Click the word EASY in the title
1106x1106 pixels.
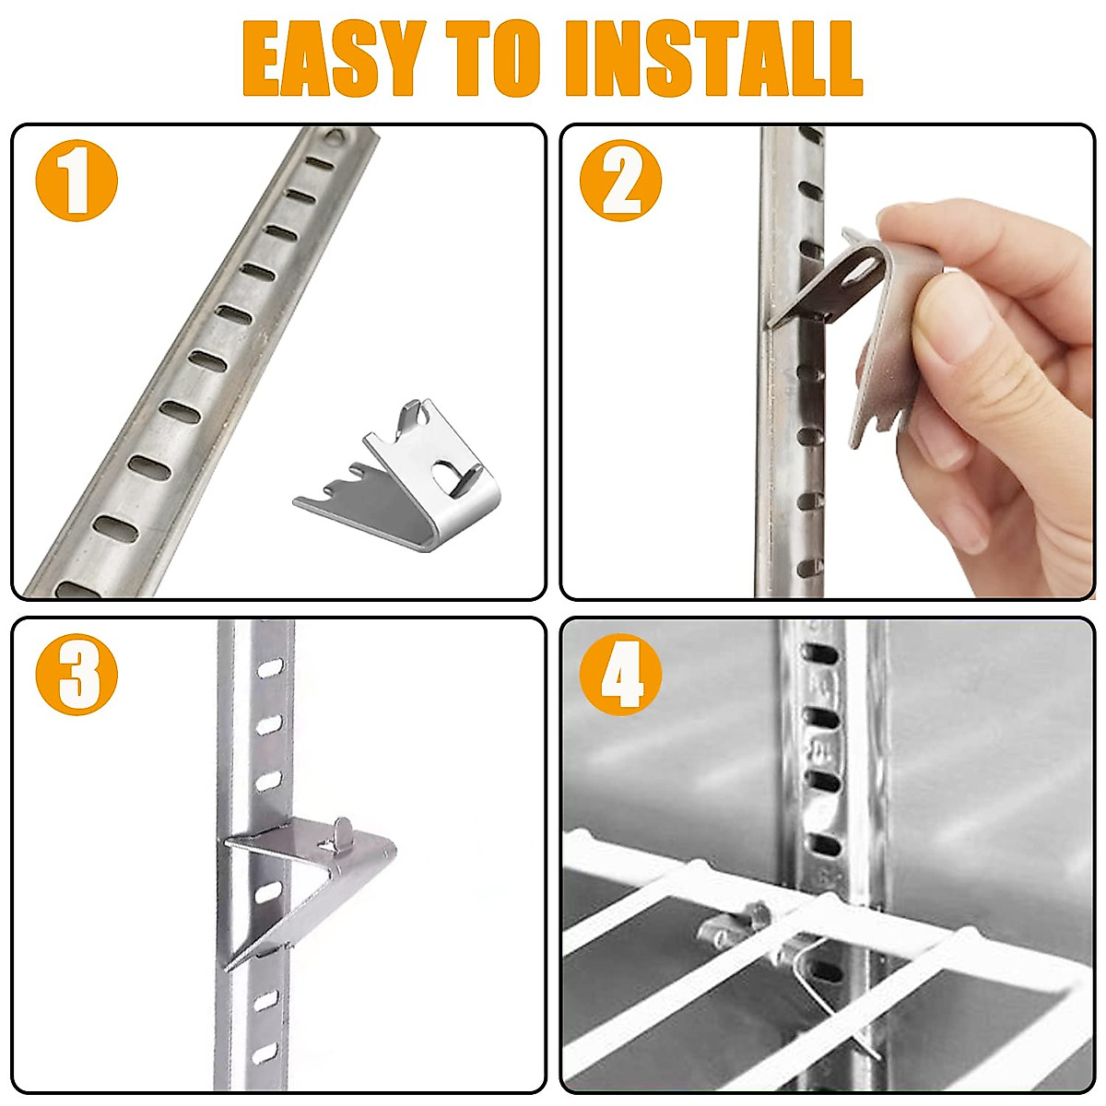coord(333,59)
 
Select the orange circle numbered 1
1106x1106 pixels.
coord(76,181)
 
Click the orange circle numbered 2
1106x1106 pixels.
coord(620,181)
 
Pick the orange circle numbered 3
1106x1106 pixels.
coord(76,674)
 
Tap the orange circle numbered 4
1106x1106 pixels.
coord(620,674)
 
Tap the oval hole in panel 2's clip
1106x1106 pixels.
coord(862,269)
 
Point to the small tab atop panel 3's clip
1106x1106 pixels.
coord(342,826)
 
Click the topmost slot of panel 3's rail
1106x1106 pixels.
coord(269,668)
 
